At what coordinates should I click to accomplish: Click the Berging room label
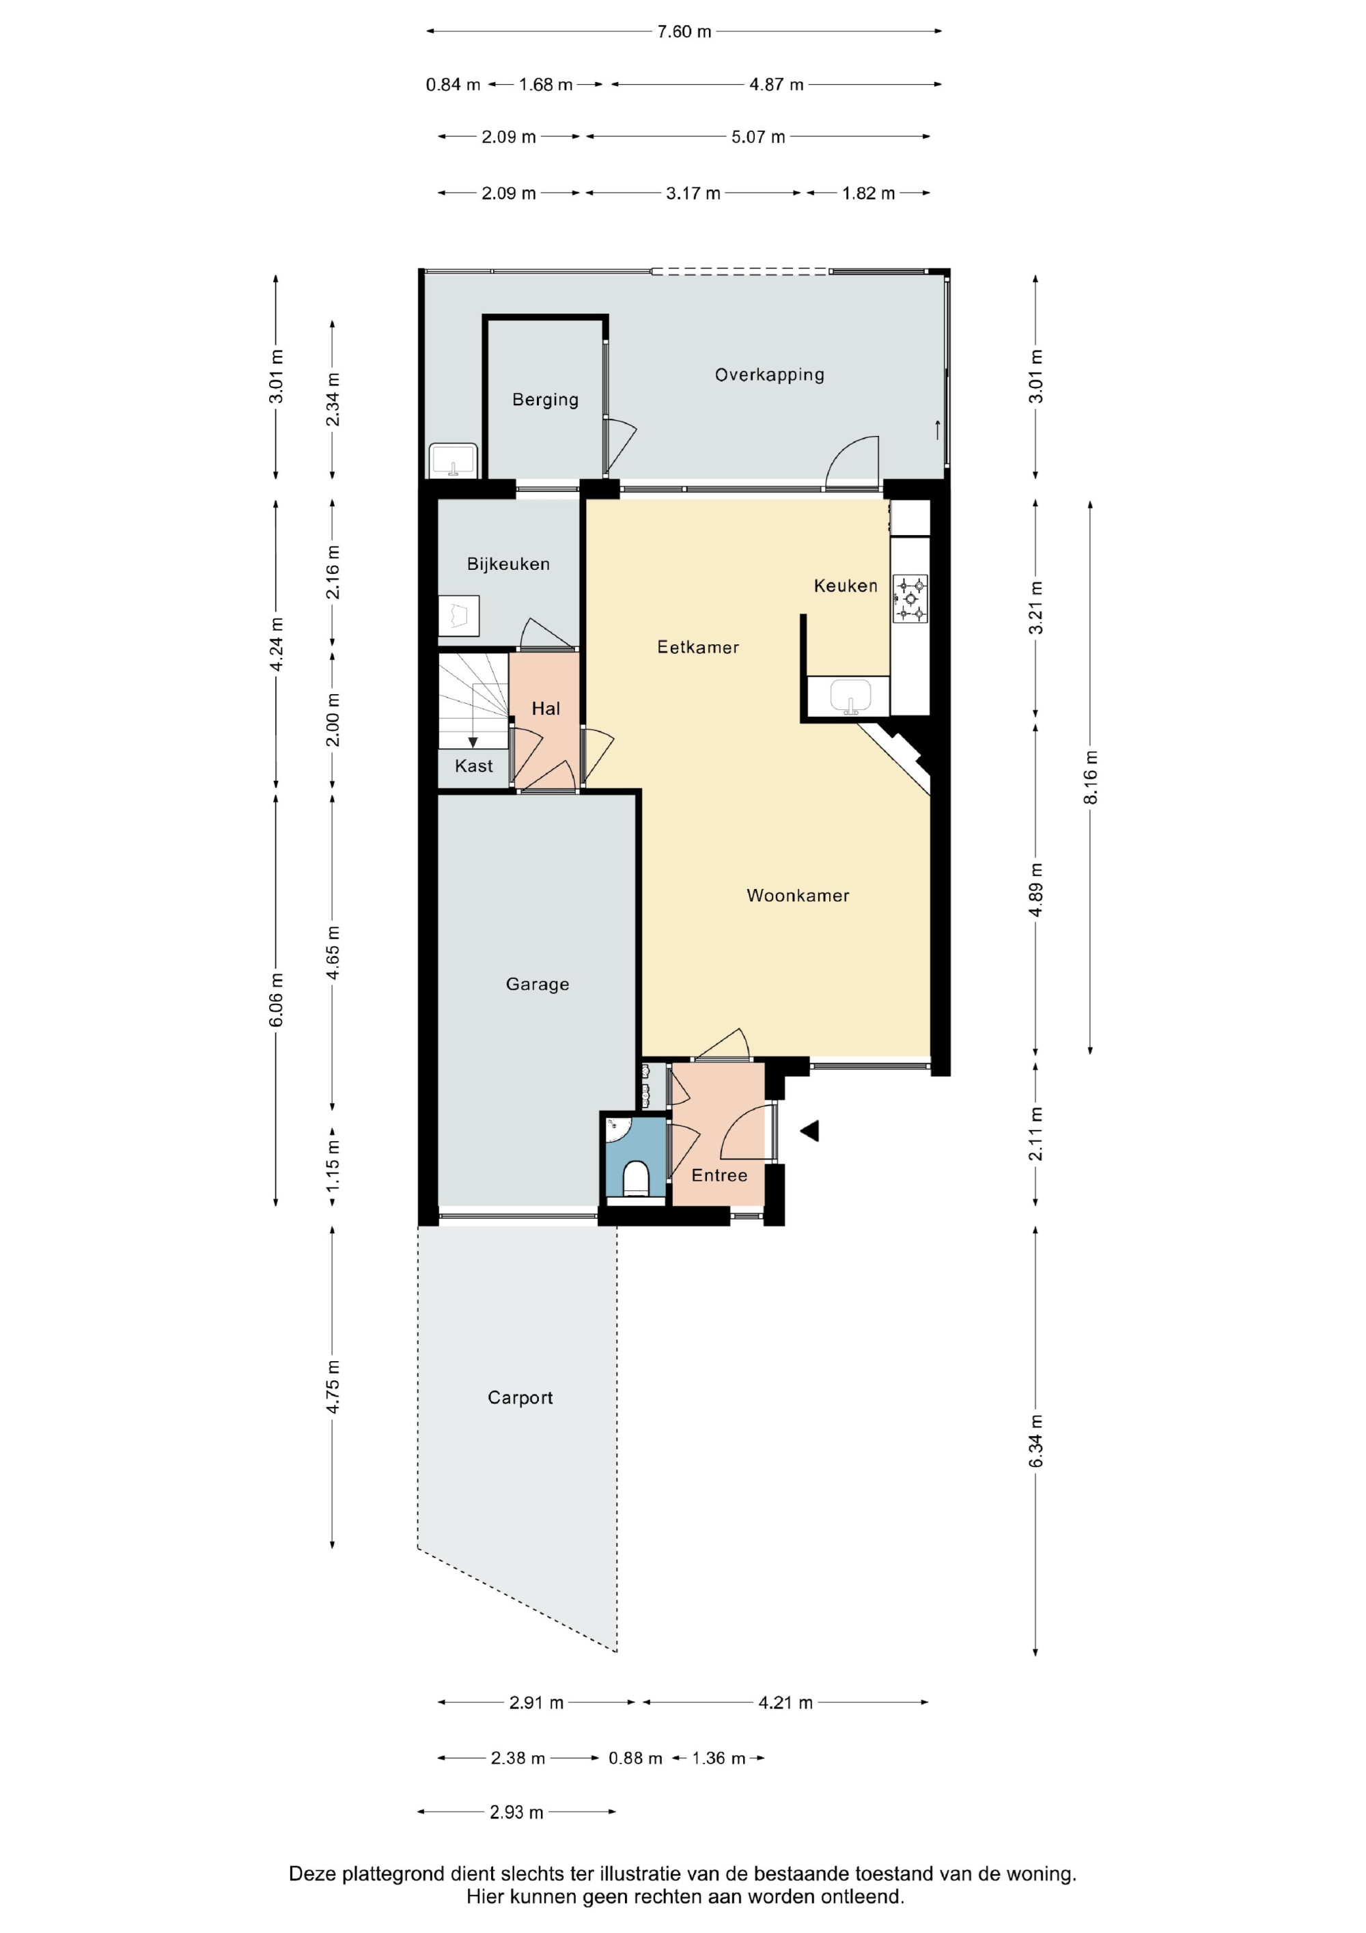(546, 400)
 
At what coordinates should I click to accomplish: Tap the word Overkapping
(769, 374)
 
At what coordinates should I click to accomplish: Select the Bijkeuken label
(508, 564)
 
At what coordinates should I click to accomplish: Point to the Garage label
(537, 984)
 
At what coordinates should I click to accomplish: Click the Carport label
(520, 1397)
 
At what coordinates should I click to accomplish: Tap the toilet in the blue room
(637, 1179)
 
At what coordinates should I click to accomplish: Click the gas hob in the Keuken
(910, 599)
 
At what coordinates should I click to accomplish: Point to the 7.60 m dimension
(684, 32)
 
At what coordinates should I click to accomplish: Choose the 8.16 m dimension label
(1090, 776)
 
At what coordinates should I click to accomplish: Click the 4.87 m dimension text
(777, 85)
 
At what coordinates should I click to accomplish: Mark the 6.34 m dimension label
(1035, 1440)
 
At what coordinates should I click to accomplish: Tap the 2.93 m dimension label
(517, 1813)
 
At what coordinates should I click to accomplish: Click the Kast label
(474, 766)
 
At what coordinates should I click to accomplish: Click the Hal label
(546, 709)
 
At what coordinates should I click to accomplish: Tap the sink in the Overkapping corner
(453, 461)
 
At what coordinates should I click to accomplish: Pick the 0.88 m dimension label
(635, 1759)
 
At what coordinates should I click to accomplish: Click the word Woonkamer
(798, 896)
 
